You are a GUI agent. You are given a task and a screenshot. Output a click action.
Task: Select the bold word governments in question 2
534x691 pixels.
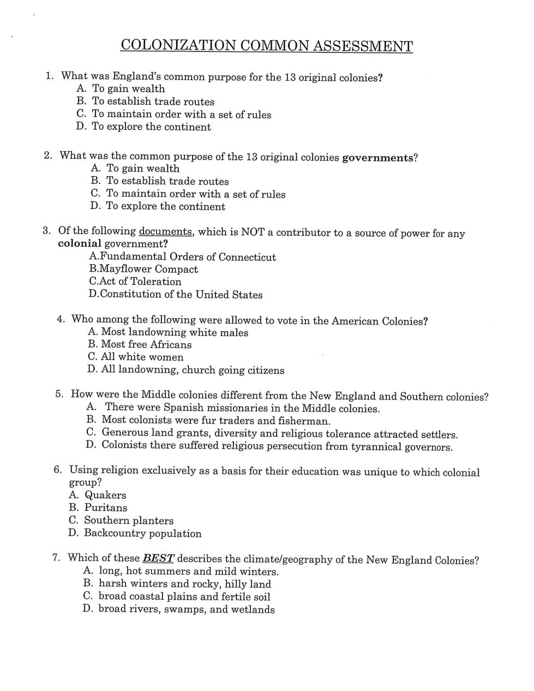[377, 158]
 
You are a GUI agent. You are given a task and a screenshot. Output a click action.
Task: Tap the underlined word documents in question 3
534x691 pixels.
[165, 231]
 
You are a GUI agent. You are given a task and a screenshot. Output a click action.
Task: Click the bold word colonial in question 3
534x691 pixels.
[80, 244]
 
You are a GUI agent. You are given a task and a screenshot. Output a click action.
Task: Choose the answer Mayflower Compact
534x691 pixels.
[144, 269]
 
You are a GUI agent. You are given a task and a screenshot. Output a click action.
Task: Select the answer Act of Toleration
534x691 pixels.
[135, 282]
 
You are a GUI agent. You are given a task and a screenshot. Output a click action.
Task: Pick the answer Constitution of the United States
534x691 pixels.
[176, 295]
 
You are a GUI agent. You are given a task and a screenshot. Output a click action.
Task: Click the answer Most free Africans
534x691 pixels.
[140, 344]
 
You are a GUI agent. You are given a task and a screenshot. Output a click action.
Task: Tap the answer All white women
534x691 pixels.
[135, 357]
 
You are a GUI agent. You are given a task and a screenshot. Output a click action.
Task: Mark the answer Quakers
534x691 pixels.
[98, 495]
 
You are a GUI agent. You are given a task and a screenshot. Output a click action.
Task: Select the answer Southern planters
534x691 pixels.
[122, 521]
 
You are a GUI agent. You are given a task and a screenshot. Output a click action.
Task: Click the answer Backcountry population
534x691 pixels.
[135, 533]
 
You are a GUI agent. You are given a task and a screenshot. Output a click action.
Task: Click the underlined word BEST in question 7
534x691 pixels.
[158, 558]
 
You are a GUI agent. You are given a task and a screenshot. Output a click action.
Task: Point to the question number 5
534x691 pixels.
[59, 394]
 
